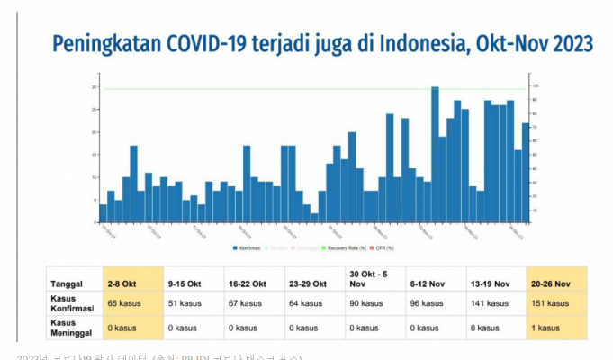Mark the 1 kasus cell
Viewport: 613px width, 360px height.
point(547,328)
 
